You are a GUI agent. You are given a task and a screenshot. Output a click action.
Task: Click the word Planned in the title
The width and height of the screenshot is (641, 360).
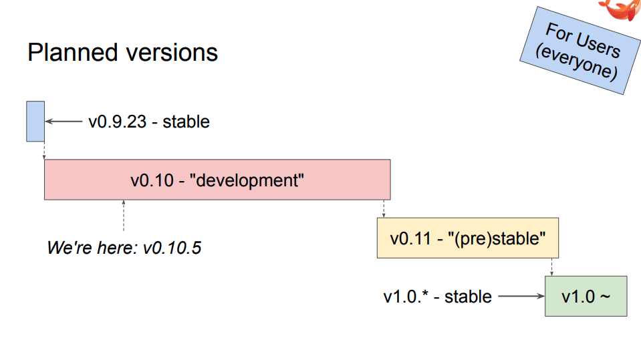point(73,53)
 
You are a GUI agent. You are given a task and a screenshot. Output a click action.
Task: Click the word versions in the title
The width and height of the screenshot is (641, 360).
point(172,53)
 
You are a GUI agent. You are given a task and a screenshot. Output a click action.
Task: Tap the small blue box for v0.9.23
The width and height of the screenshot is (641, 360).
point(35,122)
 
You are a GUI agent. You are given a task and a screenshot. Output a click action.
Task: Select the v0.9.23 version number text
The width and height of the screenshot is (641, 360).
point(118,122)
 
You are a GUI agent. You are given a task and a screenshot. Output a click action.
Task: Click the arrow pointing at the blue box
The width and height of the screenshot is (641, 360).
point(63,122)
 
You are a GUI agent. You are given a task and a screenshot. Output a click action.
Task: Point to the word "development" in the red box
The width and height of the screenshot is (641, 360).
point(247,180)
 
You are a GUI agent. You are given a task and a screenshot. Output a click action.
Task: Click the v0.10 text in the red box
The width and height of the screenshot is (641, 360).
point(152,180)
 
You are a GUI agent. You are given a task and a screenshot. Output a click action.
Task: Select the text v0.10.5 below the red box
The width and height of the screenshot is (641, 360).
point(172,248)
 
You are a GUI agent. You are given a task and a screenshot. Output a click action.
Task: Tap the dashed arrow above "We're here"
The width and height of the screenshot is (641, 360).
point(124,216)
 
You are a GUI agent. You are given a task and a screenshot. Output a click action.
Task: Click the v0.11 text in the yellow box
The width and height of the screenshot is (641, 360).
point(410,238)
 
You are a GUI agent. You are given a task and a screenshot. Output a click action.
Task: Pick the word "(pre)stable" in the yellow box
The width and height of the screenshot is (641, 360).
point(497,238)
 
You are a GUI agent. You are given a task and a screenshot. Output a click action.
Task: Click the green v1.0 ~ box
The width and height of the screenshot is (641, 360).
point(586,297)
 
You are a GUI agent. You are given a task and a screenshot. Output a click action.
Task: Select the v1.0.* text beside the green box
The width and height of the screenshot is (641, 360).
point(406,297)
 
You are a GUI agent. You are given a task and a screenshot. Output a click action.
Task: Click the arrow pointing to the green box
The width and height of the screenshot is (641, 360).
point(521,297)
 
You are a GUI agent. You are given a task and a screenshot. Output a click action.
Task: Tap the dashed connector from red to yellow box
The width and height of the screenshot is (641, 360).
point(384,209)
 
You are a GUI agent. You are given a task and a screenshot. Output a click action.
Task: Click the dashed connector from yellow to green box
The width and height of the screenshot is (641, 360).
point(551,267)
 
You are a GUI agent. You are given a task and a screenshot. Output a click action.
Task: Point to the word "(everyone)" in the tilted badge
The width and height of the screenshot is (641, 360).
point(576,61)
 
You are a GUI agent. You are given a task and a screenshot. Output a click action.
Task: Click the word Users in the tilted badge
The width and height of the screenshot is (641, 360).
point(598,45)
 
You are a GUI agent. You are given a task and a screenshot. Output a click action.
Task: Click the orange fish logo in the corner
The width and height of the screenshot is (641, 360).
point(620,9)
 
